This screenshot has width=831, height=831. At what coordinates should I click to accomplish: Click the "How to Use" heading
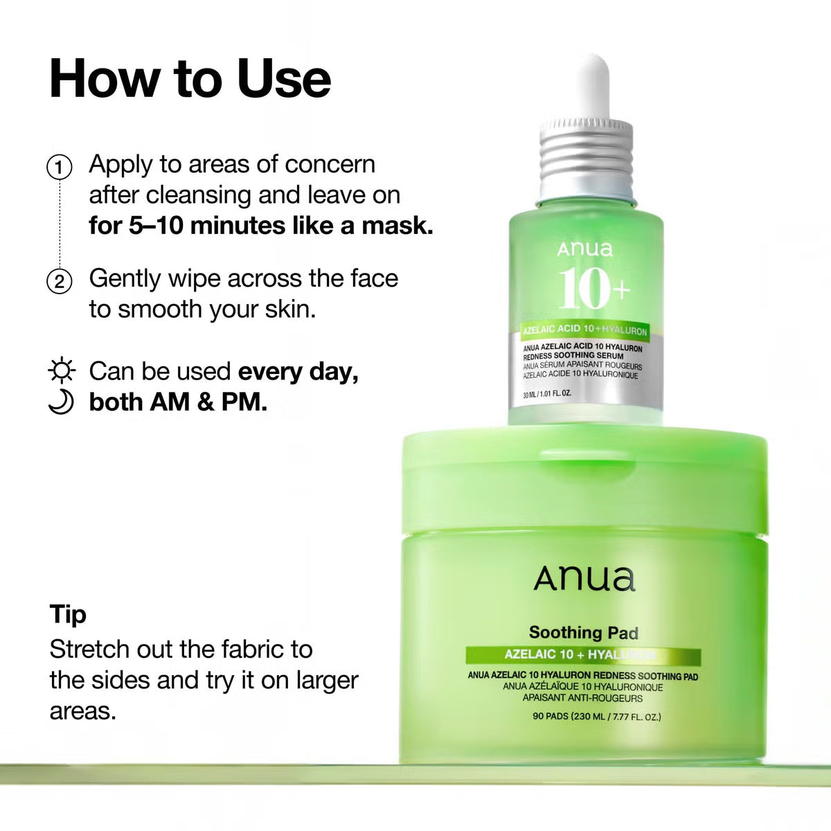coord(190,78)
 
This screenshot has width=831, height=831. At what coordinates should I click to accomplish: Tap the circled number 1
coord(60,167)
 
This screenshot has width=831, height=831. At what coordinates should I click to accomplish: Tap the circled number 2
coord(60,281)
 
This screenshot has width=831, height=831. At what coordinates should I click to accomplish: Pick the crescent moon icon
coord(62,402)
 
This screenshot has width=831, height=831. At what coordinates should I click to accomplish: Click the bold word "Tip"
coord(68,614)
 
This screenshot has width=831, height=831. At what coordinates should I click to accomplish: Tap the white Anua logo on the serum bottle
coord(584,249)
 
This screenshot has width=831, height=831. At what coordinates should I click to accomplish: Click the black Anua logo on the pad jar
coord(584,579)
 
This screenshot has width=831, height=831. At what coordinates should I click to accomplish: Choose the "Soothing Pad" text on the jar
coord(583,632)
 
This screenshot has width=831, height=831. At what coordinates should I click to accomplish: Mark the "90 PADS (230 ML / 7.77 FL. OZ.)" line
coord(596,716)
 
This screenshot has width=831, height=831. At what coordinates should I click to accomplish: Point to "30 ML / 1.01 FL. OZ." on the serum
coord(547,394)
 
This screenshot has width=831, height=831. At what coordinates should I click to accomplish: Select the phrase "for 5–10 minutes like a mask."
coord(261,226)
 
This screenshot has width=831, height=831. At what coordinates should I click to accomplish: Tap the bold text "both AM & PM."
coord(178,402)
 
